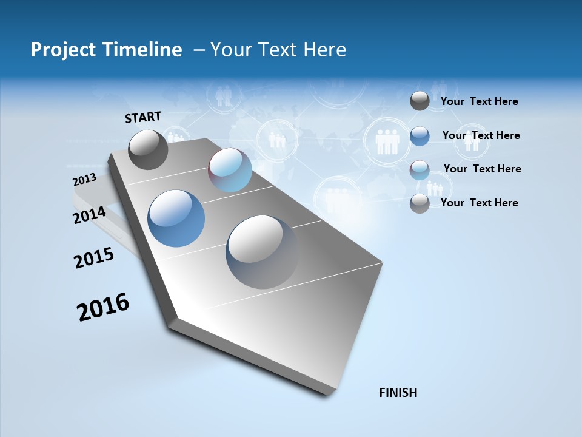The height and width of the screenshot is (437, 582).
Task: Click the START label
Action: click(x=143, y=117)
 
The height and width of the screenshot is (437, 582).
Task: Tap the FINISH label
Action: click(x=398, y=393)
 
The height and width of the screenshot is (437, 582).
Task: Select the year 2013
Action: click(x=84, y=180)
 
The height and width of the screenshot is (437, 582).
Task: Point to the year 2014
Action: click(x=89, y=215)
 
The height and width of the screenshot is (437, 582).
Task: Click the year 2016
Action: click(x=103, y=307)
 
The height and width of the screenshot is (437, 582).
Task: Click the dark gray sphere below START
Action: click(x=148, y=149)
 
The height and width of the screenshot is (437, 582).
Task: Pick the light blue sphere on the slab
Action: click(x=230, y=170)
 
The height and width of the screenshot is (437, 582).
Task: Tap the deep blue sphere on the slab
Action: click(x=176, y=218)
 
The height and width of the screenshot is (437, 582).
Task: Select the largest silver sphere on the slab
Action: click(x=262, y=252)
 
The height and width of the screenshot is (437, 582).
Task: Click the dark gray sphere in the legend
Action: click(x=420, y=101)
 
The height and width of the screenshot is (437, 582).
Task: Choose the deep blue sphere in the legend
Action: click(x=420, y=136)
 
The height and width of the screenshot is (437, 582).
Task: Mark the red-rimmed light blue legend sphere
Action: click(x=420, y=170)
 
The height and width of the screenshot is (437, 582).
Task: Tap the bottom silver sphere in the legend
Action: click(x=420, y=203)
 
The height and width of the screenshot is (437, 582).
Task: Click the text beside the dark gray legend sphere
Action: click(x=479, y=101)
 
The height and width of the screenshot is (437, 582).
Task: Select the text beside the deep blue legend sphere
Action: click(x=481, y=135)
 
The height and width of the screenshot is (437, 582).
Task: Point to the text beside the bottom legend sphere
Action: click(x=479, y=203)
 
